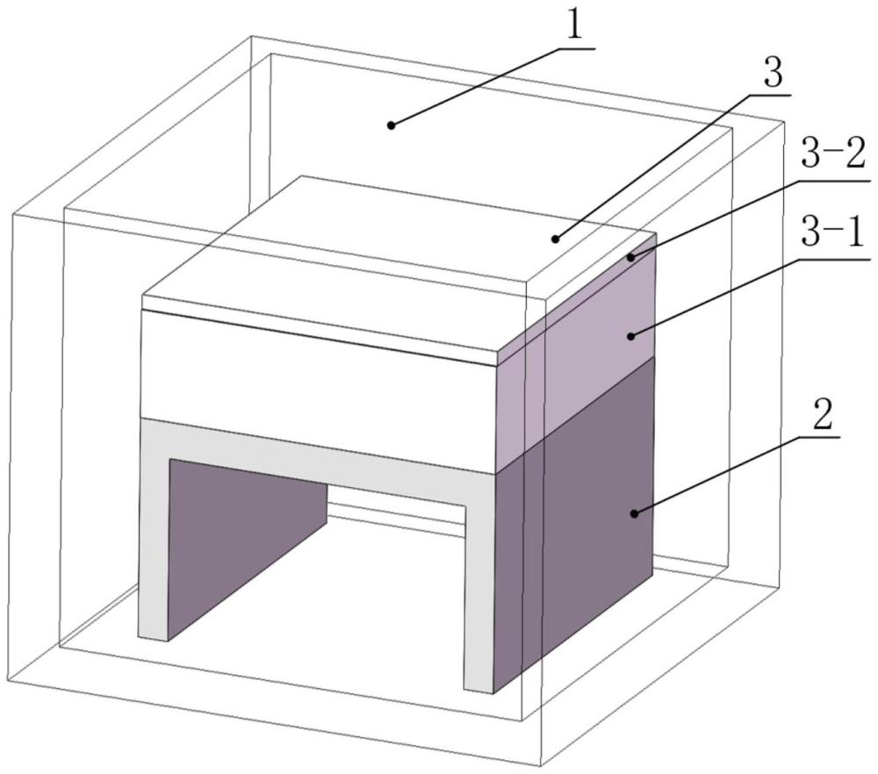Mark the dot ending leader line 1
tap(392, 125)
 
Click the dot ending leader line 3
tap(555, 238)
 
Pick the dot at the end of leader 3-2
tap(630, 257)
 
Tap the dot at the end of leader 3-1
tap(630, 333)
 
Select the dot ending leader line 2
tap(633, 512)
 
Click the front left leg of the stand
tap(154, 544)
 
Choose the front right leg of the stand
tap(479, 597)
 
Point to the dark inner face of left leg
tap(246, 535)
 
